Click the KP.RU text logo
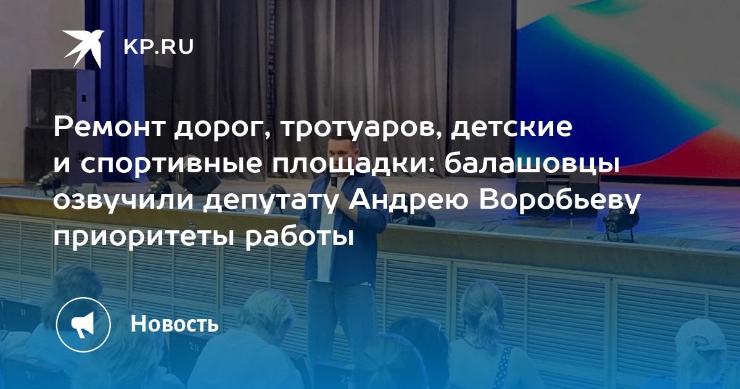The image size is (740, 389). click(158, 47)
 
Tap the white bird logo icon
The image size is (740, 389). click(83, 47)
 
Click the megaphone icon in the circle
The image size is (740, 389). click(83, 324)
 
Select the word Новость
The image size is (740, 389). click(175, 323)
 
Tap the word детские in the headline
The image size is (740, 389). click(512, 128)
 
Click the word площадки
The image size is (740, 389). click(353, 164)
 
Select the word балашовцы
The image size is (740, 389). click(532, 164)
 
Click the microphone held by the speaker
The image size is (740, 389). click(334, 180)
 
